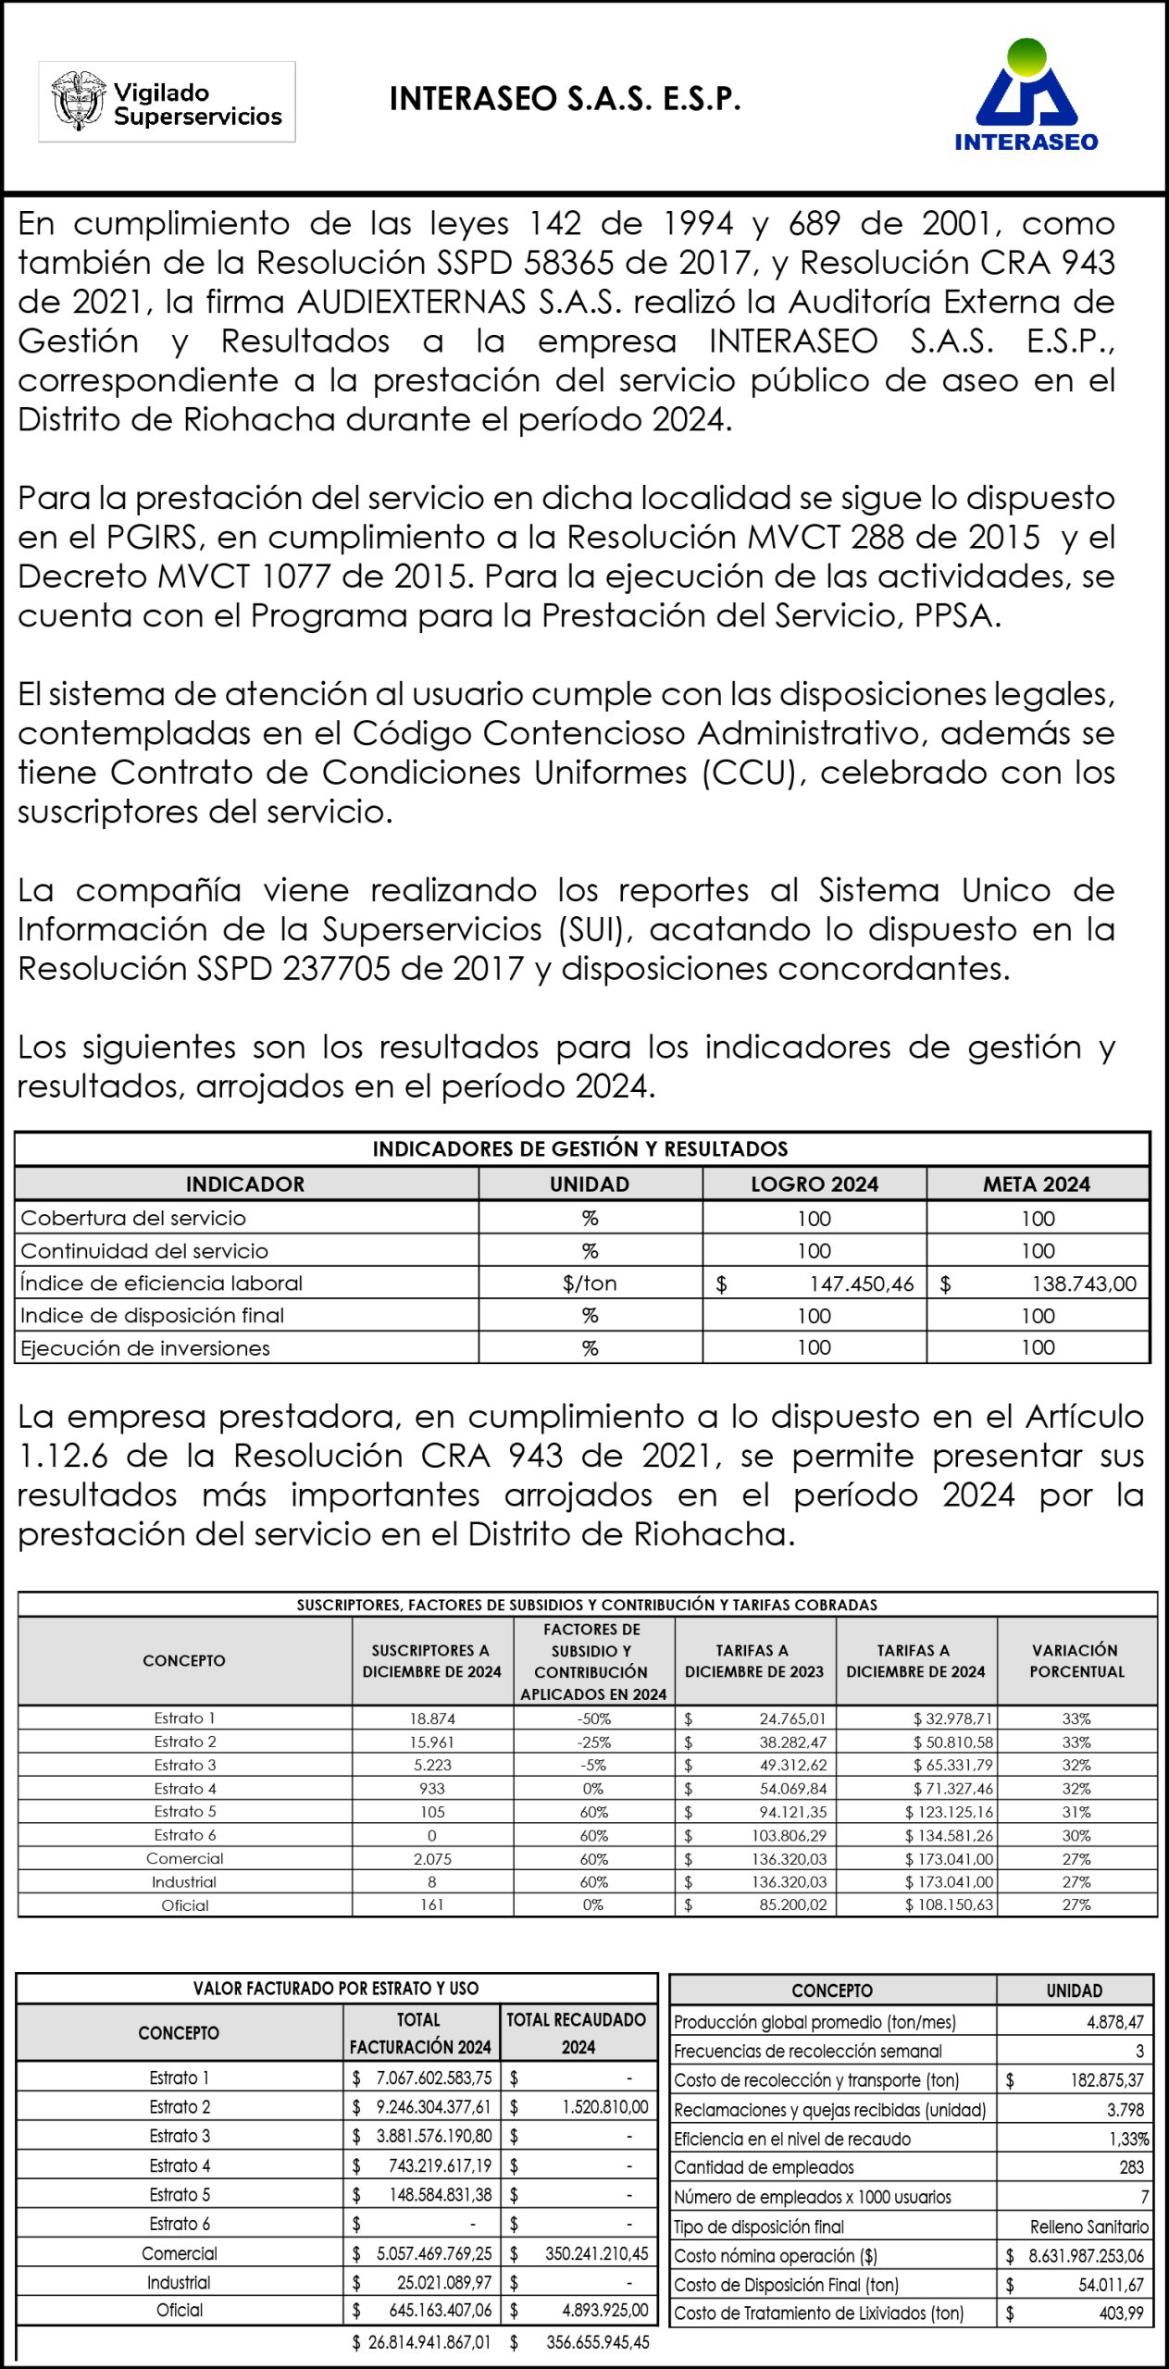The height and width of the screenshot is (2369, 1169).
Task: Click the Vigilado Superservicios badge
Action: point(167,102)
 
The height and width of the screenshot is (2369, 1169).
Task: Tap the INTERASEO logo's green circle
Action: point(1026,57)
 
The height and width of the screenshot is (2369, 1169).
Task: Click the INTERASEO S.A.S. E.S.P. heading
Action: point(565,99)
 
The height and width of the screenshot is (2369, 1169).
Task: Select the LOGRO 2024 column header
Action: point(814,1184)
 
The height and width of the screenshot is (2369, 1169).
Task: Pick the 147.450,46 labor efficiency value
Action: point(861,1284)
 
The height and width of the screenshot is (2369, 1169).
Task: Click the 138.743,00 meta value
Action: point(1084,1284)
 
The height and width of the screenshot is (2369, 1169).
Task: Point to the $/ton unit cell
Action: point(590,1284)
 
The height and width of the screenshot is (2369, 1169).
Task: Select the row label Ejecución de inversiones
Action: point(145,1348)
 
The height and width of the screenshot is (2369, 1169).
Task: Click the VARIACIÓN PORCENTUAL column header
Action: point(1076,1660)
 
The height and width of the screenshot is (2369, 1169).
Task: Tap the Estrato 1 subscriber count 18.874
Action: point(432,1718)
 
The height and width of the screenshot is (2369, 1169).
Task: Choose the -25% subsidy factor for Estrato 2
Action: point(594,1742)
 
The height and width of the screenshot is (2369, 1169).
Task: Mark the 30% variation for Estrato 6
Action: point(1076,1835)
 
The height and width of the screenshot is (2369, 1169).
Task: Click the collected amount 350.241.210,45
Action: point(596,2253)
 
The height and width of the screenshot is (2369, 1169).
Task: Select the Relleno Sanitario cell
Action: point(1088,2226)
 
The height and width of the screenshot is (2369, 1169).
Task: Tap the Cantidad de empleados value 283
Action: point(1131,2167)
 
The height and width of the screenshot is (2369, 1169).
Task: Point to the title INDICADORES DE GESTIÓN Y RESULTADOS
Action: point(580,1149)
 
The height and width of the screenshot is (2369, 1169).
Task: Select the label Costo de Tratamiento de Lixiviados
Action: point(818,2313)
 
